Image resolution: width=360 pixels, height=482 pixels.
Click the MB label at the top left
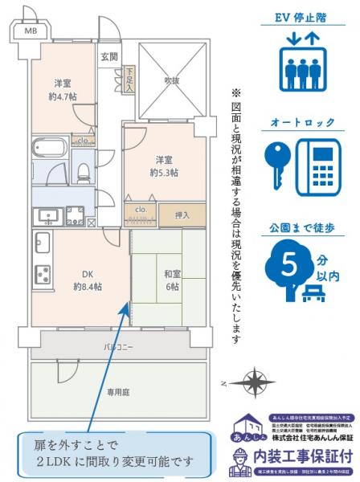(30, 31)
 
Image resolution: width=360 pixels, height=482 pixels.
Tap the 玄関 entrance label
(109, 57)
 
